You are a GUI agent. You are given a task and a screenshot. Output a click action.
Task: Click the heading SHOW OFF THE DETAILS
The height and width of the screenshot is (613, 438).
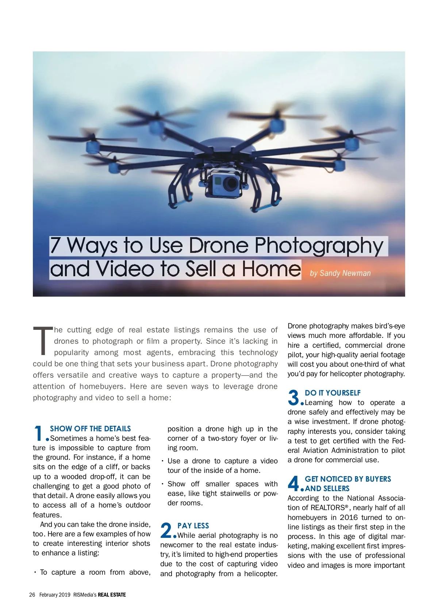tap(90, 429)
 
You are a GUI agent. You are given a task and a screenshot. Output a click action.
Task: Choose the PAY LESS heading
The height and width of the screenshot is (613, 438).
tap(193, 526)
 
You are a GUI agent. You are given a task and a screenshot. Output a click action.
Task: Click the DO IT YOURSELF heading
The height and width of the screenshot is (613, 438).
tap(333, 393)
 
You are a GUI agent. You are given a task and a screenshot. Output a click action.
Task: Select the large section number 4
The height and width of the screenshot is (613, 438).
tap(293, 483)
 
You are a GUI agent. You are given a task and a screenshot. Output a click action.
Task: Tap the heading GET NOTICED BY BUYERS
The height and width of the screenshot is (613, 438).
tap(348, 479)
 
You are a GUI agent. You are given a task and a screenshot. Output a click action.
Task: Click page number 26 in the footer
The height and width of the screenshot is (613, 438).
tap(32, 595)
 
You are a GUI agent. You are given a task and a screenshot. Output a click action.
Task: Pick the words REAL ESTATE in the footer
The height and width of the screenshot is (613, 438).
tap(112, 595)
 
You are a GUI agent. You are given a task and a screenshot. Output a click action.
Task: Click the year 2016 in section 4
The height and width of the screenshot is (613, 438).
tap(349, 517)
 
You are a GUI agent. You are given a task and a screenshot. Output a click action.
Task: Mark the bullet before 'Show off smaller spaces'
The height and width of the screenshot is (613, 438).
tap(162, 484)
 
